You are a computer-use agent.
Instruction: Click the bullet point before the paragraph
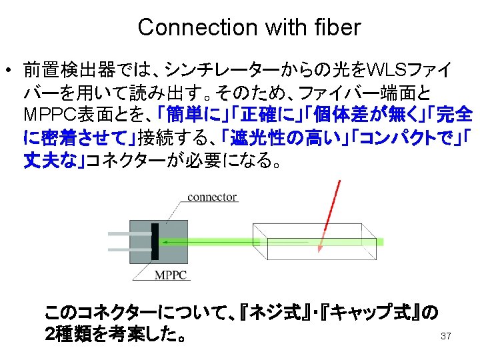click(x=9, y=70)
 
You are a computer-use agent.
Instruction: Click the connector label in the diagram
click(x=212, y=197)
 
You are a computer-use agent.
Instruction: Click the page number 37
click(x=446, y=336)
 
